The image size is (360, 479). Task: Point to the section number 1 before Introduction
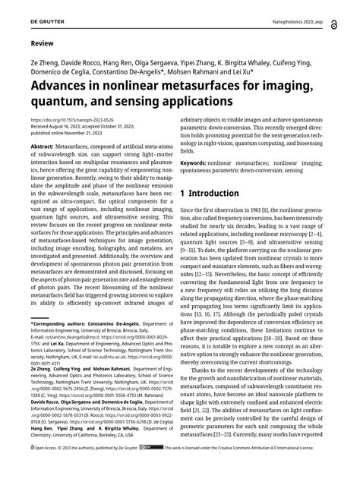point(184,193)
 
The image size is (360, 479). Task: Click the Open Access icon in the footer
point(32,469)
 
